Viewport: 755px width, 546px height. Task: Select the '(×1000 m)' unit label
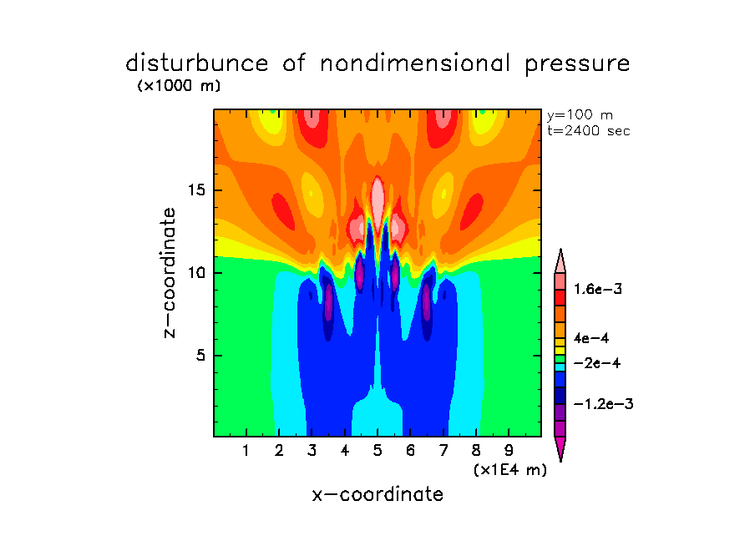[179, 86]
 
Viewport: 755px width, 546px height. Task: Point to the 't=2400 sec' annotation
[588, 130]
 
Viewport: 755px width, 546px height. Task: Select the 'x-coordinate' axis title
[377, 494]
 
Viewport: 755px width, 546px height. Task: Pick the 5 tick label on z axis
[199, 356]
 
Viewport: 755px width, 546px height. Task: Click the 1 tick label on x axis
[246, 452]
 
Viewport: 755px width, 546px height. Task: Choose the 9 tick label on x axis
[509, 452]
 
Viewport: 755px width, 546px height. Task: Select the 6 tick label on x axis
[410, 452]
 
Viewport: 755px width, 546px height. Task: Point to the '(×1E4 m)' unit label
[509, 470]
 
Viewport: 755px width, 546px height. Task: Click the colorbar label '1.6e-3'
[598, 289]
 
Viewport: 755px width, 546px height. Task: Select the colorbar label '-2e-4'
[596, 363]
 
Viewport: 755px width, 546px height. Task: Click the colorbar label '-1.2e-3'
[602, 404]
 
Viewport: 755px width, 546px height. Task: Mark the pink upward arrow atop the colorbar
[560, 260]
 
